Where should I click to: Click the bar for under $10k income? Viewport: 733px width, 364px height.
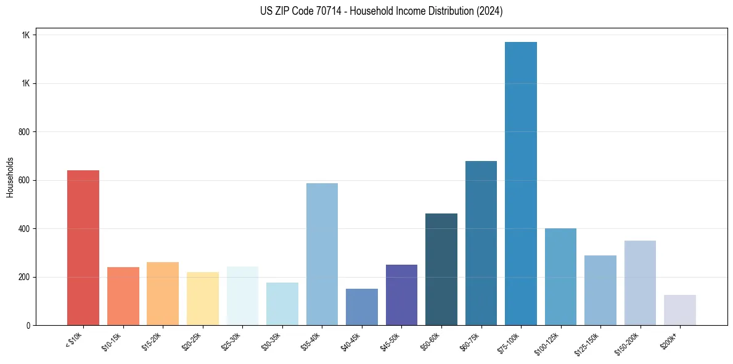(x=83, y=247)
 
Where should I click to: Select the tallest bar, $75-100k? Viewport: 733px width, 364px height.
(x=521, y=183)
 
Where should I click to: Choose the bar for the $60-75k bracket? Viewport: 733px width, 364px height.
(x=481, y=243)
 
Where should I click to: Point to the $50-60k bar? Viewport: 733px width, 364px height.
(x=441, y=269)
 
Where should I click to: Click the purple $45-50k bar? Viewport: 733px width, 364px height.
(x=401, y=295)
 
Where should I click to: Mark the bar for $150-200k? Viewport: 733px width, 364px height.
(x=640, y=283)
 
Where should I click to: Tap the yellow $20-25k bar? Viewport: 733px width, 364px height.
(x=202, y=299)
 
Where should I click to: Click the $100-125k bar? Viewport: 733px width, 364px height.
(x=560, y=276)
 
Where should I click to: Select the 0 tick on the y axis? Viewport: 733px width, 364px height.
(x=28, y=325)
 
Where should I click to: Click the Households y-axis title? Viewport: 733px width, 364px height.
(x=10, y=177)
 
